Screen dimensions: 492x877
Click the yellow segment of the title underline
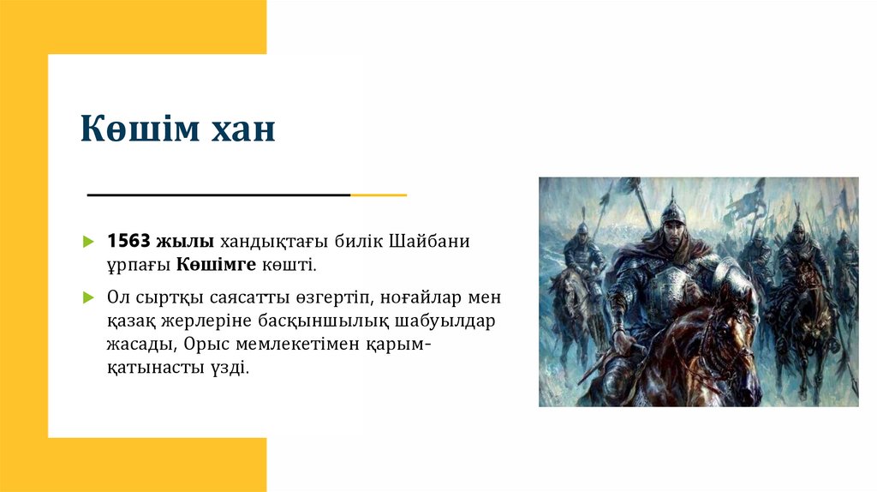click(379, 195)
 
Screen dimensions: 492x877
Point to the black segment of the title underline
click(218, 195)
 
